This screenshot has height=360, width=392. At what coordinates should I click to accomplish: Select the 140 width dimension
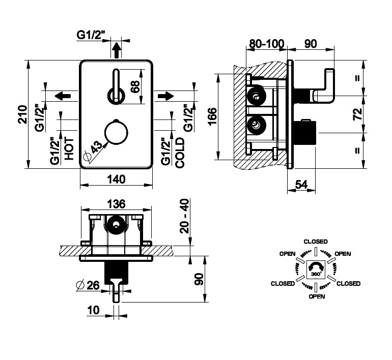point(116,178)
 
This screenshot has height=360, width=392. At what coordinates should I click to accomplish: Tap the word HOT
point(69,149)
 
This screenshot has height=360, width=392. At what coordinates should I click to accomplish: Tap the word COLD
point(179,153)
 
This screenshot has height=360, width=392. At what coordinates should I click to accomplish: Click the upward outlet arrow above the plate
point(116,50)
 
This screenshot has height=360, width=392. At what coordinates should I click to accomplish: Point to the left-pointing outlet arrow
point(62,96)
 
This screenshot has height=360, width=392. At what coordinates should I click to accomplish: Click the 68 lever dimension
point(135,86)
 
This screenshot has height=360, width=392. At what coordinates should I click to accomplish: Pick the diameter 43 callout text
point(95,147)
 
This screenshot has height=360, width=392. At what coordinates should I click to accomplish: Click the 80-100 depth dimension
point(265,44)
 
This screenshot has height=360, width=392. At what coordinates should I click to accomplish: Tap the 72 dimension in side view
point(357,113)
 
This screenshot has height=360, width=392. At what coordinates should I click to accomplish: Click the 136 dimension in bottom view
point(116,204)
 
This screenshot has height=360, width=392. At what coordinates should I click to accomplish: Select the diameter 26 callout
point(88,285)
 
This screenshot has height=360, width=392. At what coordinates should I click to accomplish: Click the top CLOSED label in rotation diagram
point(315,242)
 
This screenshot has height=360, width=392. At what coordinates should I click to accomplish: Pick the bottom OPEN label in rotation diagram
point(317,296)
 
